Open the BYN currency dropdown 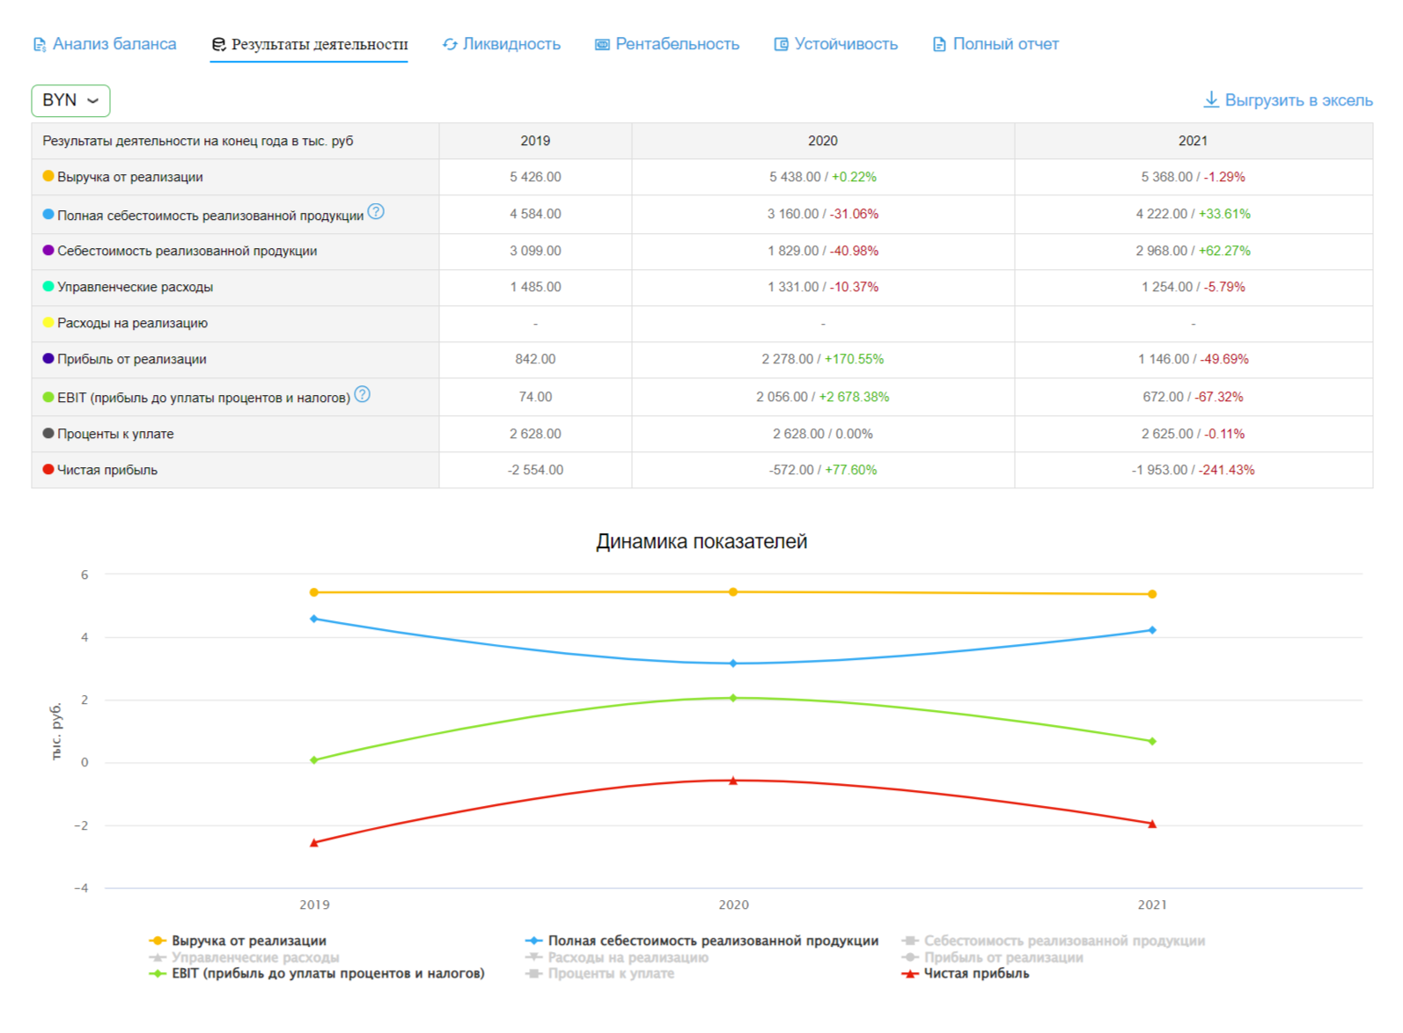pos(70,100)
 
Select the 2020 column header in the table pos(822,141)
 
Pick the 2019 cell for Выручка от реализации pos(535,177)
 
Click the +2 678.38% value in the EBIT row pos(854,397)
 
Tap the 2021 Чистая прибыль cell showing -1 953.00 pos(1159,470)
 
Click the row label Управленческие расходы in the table pos(135,287)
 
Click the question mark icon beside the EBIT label pos(362,394)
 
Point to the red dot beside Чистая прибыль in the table pos(48,469)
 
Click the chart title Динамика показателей pos(701,541)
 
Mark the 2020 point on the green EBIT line pos(733,698)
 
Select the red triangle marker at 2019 pos(314,843)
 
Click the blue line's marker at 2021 pos(1152,630)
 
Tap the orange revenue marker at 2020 pos(733,592)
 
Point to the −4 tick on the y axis pos(82,888)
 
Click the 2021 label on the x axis pos(1152,905)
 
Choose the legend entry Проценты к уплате pos(610,973)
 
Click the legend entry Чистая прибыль pos(975,973)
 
